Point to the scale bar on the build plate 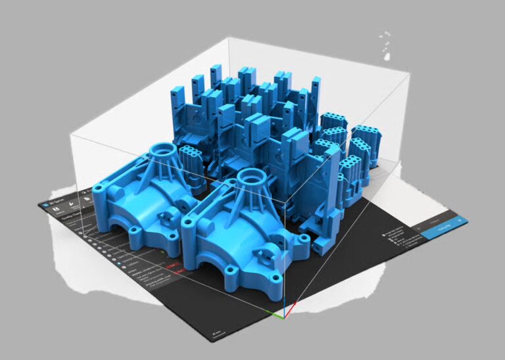tap(214, 334)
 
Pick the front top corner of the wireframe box tap(285, 196)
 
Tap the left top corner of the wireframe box tap(70, 135)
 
